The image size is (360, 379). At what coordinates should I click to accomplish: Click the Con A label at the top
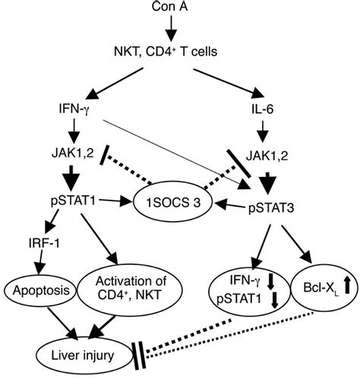pos(180,7)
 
